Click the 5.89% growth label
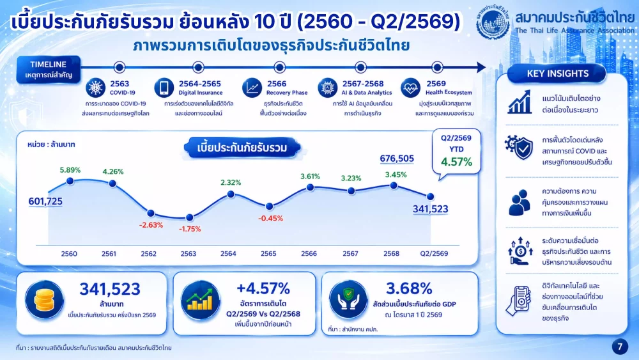pos(70,170)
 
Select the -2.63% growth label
pos(151,225)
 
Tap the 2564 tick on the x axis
pos(228,254)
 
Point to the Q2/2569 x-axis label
pos(434,254)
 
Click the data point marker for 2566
pos(310,187)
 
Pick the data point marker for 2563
pos(189,217)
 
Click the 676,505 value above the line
pos(397,158)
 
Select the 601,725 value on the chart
pos(45,201)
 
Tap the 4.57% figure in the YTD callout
pos(456,162)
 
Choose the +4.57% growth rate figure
pos(263,288)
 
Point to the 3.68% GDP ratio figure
pos(409,288)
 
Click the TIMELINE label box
pos(49,69)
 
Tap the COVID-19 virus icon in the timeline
pos(96,88)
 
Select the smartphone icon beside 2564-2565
pos(164,88)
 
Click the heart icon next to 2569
pos(410,88)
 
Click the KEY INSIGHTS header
pos(557,74)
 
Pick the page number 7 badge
pos(620,347)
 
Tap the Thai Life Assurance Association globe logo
pos(493,22)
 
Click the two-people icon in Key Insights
pos(519,202)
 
